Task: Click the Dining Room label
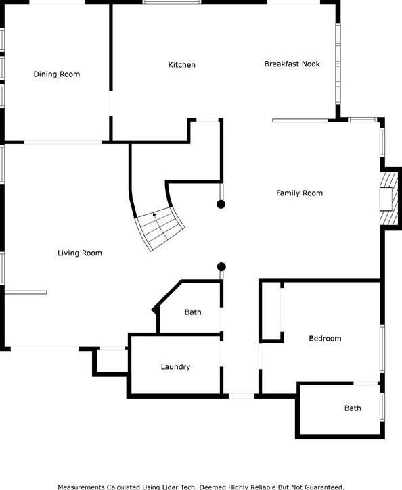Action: [57, 74]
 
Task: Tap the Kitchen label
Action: [182, 65]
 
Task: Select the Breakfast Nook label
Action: [292, 64]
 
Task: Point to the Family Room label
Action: [299, 193]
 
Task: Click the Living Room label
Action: [80, 253]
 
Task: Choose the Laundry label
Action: [175, 367]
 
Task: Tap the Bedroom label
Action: [325, 339]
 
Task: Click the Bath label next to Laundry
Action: [193, 312]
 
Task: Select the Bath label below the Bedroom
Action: [353, 408]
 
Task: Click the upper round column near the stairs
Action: [221, 204]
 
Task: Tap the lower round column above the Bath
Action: [221, 266]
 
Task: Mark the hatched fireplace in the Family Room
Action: [389, 199]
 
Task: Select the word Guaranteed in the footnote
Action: [324, 487]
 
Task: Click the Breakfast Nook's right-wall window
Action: [338, 64]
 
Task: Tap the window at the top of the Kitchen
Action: [172, 2]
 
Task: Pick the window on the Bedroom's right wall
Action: [382, 349]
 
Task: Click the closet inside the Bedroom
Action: [271, 311]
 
